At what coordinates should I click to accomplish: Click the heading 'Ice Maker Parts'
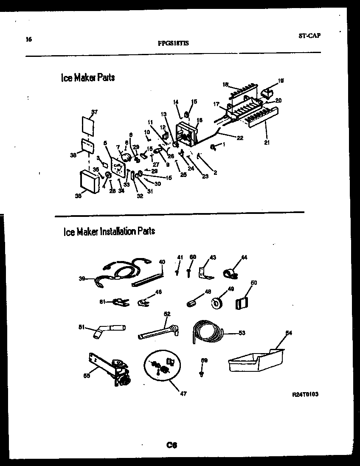point(88,78)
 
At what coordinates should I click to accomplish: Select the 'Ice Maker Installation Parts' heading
point(109,231)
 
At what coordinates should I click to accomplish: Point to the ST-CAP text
point(309,36)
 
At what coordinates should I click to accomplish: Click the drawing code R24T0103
point(305,394)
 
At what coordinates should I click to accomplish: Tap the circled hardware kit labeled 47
point(162,365)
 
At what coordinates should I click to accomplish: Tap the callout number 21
point(267,143)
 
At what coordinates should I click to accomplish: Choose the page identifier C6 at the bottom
point(172,445)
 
